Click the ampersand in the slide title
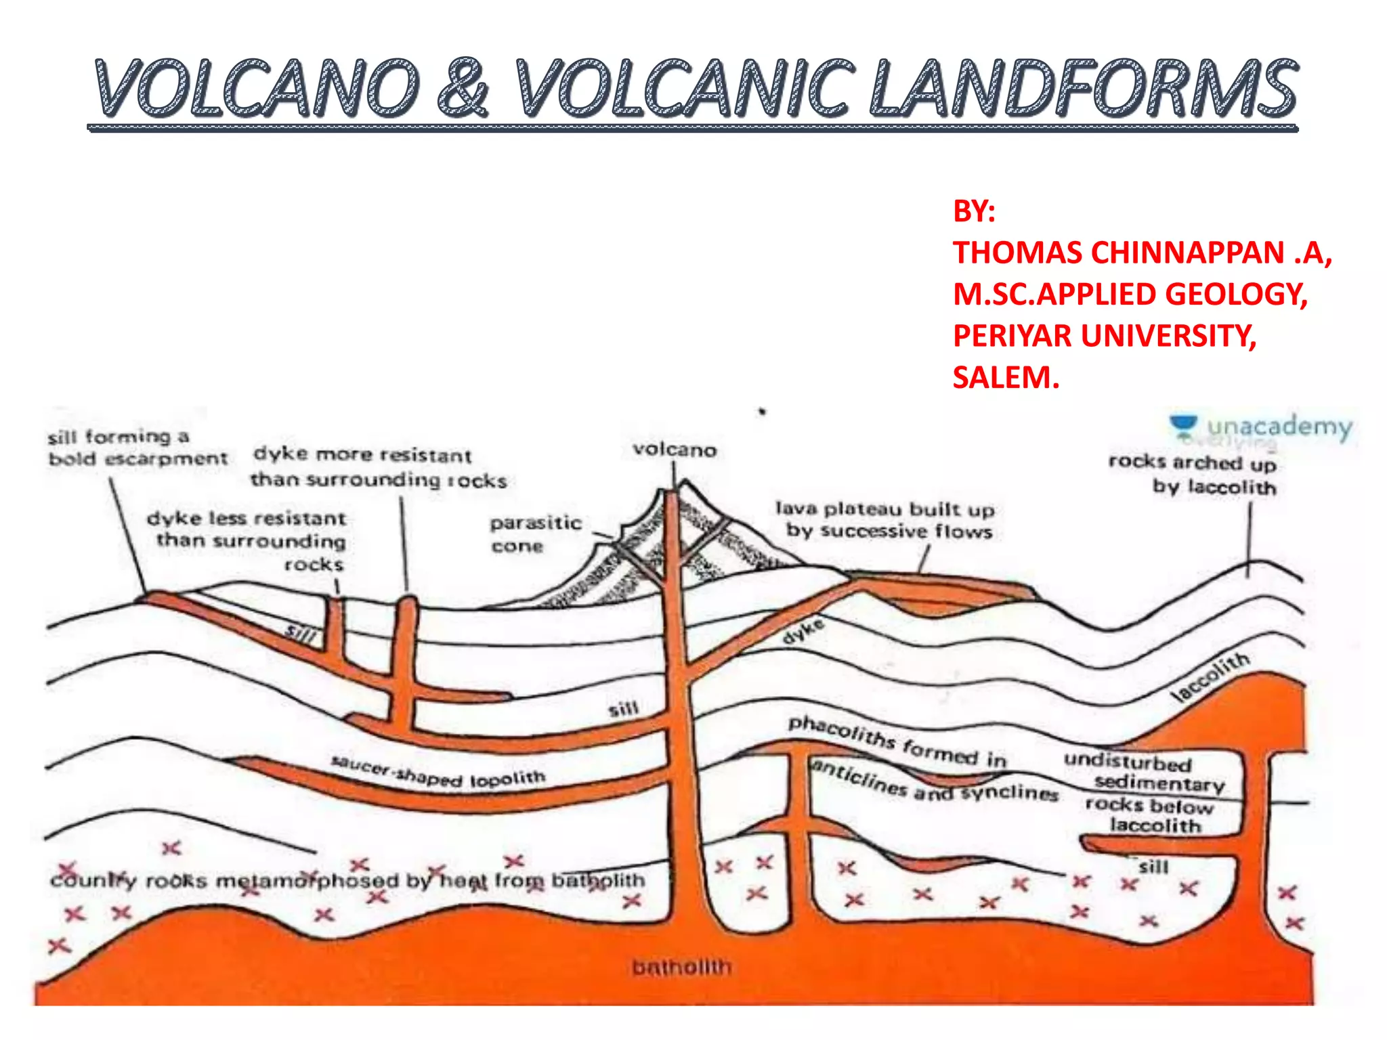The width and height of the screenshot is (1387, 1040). [463, 88]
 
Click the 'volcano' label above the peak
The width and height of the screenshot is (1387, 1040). [674, 450]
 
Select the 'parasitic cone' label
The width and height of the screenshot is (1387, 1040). [535, 534]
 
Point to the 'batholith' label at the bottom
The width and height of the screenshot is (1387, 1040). [681, 967]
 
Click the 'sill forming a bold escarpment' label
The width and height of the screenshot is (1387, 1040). [135, 448]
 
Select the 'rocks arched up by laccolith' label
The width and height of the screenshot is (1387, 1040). [1193, 474]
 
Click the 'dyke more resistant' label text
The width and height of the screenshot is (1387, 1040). [363, 454]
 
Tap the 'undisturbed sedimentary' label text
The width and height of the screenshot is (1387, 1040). [1144, 771]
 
